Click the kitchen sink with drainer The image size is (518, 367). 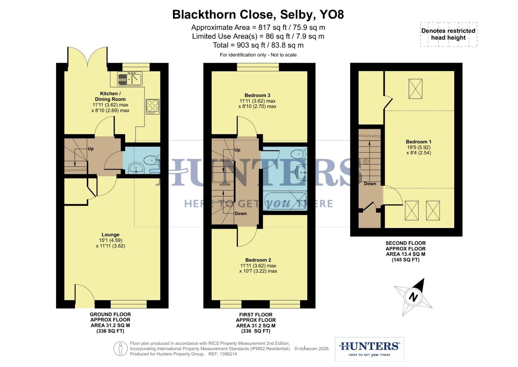(130, 79)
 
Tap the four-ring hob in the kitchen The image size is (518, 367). (152, 106)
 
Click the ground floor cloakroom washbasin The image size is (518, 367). (136, 168)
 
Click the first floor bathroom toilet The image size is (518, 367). (299, 154)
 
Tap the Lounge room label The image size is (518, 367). (110, 234)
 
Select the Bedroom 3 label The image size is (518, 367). (257, 95)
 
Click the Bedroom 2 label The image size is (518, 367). (258, 260)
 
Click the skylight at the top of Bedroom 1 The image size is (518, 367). (415, 89)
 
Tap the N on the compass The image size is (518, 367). (413, 297)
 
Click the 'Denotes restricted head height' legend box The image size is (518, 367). (448, 34)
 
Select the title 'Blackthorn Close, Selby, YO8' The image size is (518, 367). (258, 15)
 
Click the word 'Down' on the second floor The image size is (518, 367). (370, 183)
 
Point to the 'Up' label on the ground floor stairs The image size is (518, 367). (91, 149)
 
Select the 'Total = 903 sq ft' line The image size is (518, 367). (258, 45)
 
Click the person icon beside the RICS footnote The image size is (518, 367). (120, 349)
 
